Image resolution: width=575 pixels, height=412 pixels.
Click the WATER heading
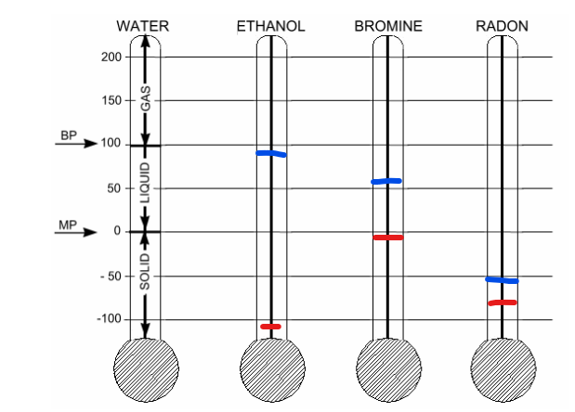point(143,26)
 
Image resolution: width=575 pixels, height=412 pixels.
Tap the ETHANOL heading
point(270,26)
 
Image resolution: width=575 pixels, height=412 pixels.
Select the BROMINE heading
point(388,26)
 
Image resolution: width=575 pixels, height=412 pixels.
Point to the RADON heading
point(502,26)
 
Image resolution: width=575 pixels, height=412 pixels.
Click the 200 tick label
point(111,58)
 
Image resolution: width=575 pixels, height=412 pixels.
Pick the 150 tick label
point(111,100)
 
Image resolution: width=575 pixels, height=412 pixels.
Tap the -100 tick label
point(109,319)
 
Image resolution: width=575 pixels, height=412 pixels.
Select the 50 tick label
point(114,188)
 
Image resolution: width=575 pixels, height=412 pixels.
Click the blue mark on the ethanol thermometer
point(271,153)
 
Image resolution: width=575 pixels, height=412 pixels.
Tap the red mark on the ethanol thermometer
point(270,327)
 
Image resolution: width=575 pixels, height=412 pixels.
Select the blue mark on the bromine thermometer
point(386,181)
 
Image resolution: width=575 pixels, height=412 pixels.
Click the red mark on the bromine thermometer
point(388,238)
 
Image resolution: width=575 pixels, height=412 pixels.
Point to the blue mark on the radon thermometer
point(502,280)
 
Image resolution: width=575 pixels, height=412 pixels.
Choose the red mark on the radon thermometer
point(503,303)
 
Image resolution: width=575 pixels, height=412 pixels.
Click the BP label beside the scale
point(69,135)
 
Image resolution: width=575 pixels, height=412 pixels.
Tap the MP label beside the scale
point(68,225)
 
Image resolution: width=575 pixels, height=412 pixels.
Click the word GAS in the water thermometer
point(146,98)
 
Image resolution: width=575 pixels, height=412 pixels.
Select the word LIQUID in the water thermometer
point(146,183)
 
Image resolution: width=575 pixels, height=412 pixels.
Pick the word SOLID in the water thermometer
point(146,271)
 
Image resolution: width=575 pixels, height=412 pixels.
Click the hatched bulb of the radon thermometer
point(503,369)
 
